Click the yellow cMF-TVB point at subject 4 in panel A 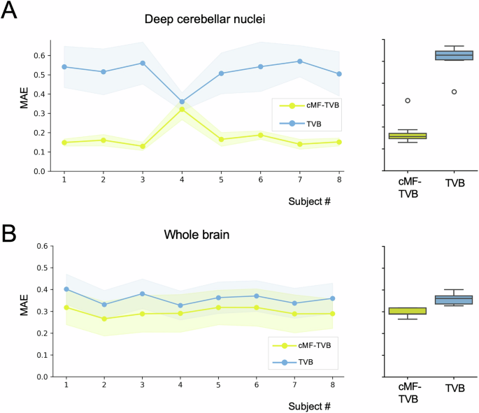click(x=182, y=110)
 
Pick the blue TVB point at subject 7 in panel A click(x=300, y=61)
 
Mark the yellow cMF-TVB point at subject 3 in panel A click(x=143, y=146)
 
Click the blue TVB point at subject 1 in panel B click(x=66, y=289)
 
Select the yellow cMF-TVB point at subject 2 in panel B click(x=104, y=319)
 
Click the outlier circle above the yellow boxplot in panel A click(x=408, y=101)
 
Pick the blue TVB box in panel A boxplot click(x=454, y=55)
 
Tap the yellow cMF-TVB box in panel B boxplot click(x=408, y=311)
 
